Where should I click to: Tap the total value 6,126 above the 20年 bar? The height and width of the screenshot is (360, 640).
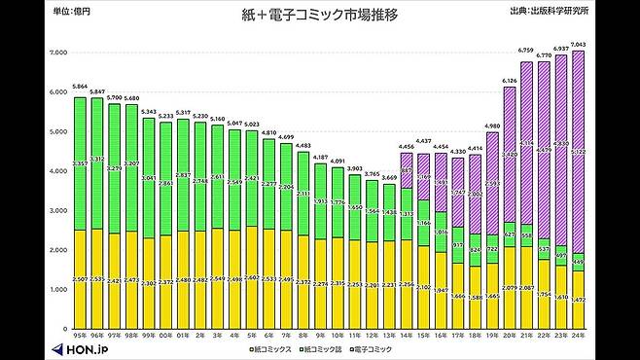point(510,80)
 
